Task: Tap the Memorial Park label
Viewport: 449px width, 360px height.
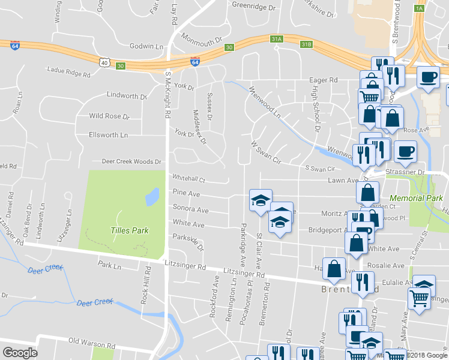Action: pos(415,197)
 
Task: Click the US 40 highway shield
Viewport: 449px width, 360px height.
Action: pos(104,62)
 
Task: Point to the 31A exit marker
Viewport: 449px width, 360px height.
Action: pos(276,39)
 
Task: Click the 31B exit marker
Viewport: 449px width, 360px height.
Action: pos(307,44)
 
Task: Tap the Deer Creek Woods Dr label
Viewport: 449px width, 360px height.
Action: pos(131,161)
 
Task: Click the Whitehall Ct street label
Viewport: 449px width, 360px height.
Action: pos(189,179)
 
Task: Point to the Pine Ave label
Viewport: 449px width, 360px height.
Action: pos(186,193)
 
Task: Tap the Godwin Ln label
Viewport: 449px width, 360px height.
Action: pos(146,46)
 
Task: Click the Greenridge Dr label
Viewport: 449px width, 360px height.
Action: pos(253,8)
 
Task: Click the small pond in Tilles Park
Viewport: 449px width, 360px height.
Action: pos(151,196)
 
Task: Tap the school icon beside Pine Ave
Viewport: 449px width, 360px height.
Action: pos(261,200)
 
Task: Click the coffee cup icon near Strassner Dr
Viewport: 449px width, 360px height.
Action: pos(406,151)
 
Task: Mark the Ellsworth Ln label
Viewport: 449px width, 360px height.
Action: pos(108,135)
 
